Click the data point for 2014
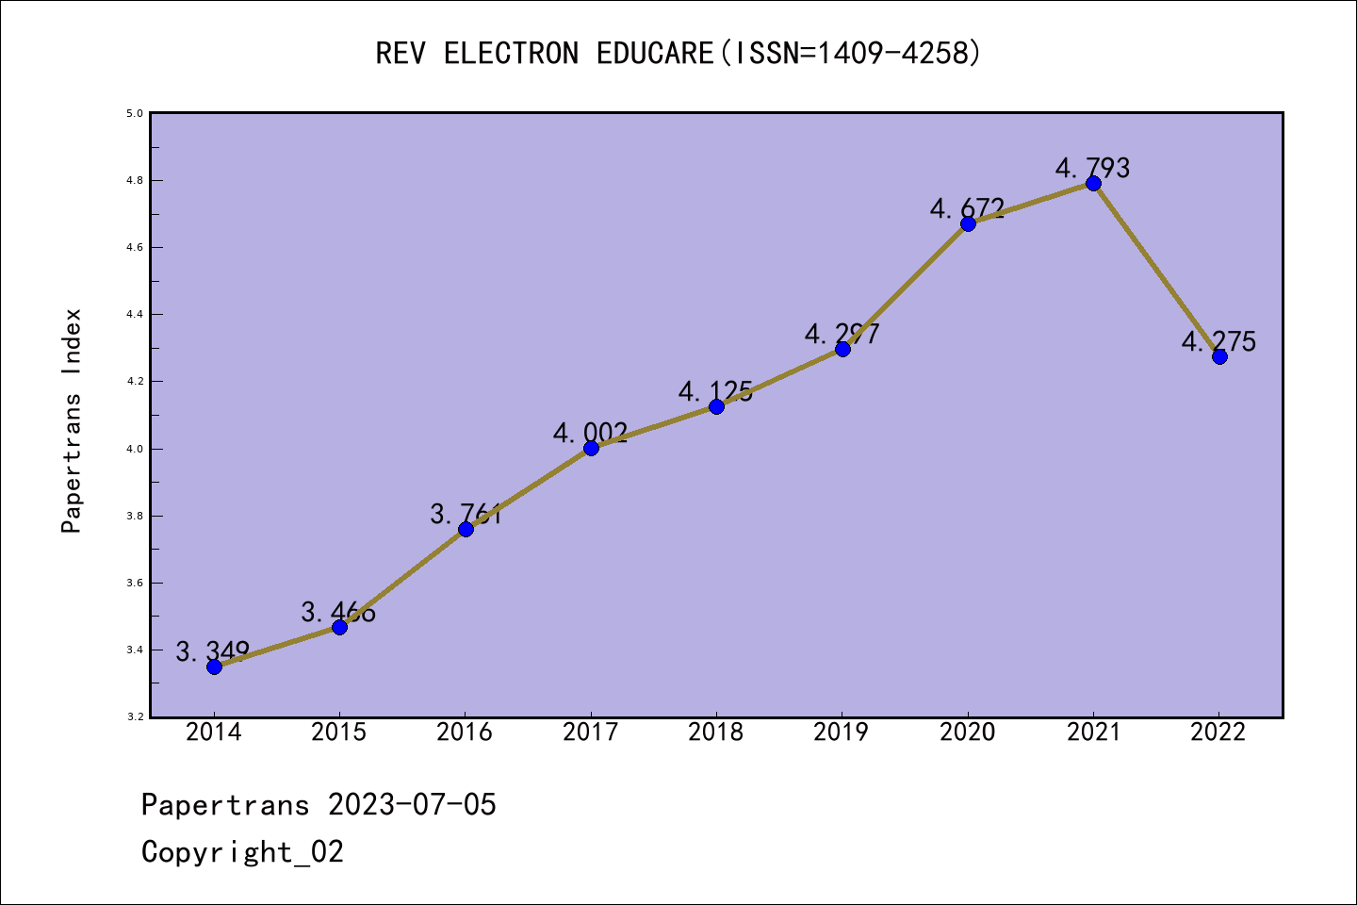tap(214, 666)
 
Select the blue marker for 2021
tap(1093, 183)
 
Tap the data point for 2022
tap(1219, 356)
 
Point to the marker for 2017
tap(591, 448)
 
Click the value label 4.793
tap(1092, 168)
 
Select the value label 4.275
tap(1218, 341)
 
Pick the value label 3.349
tap(213, 650)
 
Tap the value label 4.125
tap(716, 390)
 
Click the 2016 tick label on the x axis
tap(465, 732)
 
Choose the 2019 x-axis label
tap(842, 732)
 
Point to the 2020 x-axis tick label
tap(968, 732)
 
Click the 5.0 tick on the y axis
tap(135, 113)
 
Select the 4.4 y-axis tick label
tap(135, 314)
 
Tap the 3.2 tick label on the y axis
tap(135, 717)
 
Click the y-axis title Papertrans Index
tap(73, 420)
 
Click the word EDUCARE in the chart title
tap(655, 53)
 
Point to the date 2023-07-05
tap(412, 804)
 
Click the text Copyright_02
tap(242, 851)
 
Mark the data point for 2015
tap(339, 627)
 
